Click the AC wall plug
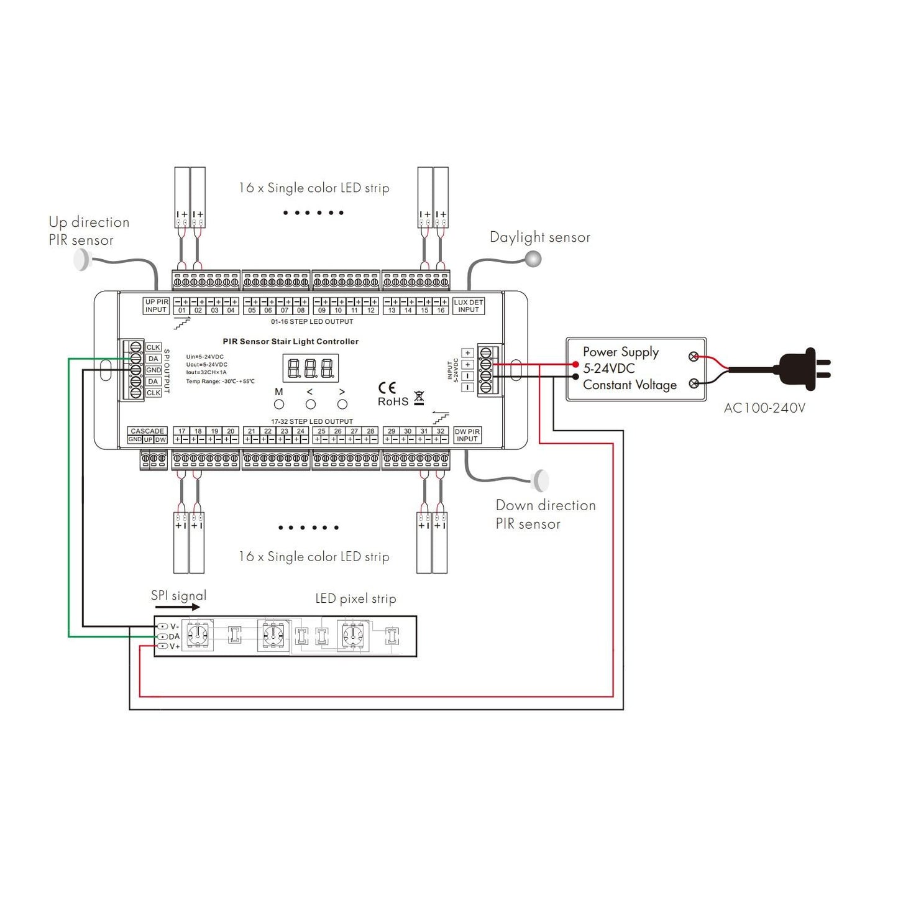click(x=805, y=369)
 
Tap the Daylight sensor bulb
click(x=533, y=259)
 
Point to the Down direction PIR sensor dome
click(x=542, y=480)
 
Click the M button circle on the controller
click(x=279, y=405)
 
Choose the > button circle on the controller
click(x=342, y=405)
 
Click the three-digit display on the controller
click(x=311, y=369)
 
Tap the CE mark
click(x=387, y=388)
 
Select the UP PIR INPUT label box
click(x=156, y=306)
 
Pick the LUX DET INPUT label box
click(x=468, y=306)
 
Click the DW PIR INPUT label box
click(x=467, y=435)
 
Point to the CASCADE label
click(x=147, y=431)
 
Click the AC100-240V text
click(x=764, y=408)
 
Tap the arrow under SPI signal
click(x=178, y=607)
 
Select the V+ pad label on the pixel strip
click(x=175, y=646)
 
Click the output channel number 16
click(x=441, y=310)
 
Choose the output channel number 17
click(x=181, y=431)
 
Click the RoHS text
click(x=393, y=402)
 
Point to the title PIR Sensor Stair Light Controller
click(x=290, y=341)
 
